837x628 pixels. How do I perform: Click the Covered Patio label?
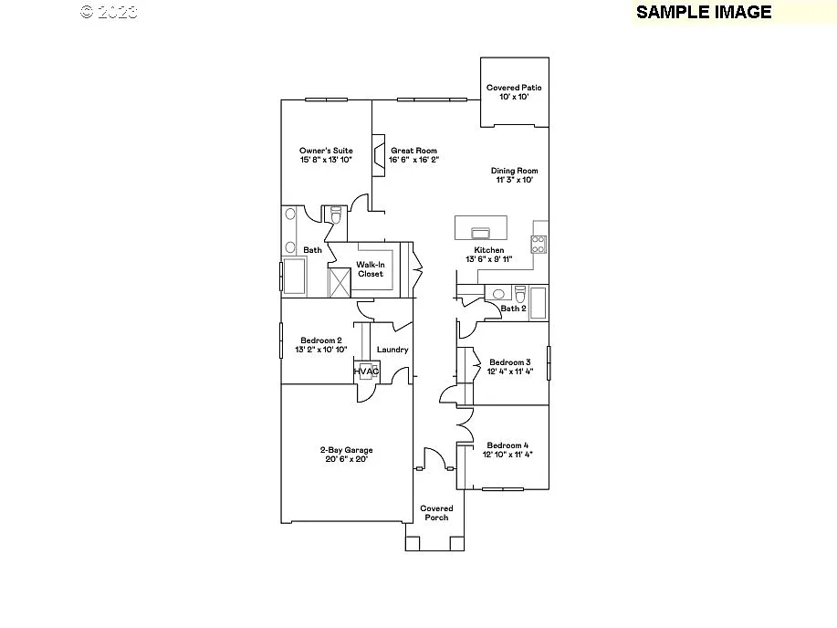(514, 88)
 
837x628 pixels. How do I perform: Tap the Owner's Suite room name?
(326, 151)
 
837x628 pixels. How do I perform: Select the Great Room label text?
(413, 151)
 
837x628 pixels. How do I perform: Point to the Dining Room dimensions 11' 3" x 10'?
(514, 180)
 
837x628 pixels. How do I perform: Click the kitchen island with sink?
(481, 226)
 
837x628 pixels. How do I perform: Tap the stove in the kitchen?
(539, 244)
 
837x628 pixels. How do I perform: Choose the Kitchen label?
(488, 250)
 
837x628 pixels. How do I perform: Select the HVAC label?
(366, 372)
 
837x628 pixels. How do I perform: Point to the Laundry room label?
(392, 350)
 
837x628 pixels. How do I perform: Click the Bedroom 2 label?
(321, 340)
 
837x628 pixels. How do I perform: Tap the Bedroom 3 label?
(509, 361)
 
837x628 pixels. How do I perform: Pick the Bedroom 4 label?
(509, 445)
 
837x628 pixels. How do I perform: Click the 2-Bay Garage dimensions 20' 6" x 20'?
(346, 459)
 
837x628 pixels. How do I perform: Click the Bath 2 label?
(514, 309)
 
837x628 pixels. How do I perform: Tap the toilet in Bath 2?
(520, 294)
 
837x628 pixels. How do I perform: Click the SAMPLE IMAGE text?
(704, 12)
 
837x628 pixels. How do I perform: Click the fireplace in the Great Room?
(376, 152)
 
